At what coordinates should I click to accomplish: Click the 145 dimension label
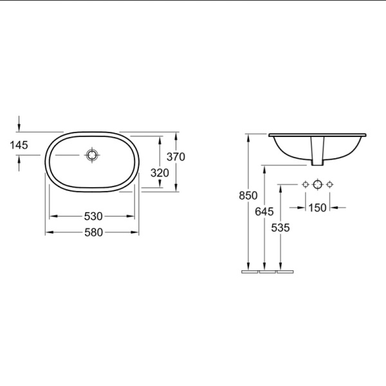point(19,145)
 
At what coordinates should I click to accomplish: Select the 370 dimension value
point(176,156)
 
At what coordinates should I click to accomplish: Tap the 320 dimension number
point(159,172)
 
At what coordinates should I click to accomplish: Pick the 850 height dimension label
point(248,196)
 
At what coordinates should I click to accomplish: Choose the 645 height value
point(264,211)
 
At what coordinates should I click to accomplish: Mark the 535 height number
point(280,227)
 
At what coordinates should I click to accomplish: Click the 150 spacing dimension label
point(317,207)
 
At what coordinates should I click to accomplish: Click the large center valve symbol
point(317,185)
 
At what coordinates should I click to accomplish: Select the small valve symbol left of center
point(306,185)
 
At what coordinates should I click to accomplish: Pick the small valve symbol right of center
point(329,185)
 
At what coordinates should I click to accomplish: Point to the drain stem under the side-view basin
point(317,152)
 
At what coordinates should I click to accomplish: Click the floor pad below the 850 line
point(249,271)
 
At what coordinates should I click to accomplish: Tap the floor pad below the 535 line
point(284,271)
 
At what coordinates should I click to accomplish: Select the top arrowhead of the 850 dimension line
point(248,138)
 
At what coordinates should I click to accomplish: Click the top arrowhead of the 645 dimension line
point(264,169)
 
